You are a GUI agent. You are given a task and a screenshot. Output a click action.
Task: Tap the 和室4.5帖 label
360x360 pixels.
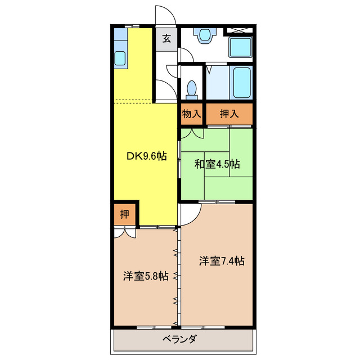point(217,164)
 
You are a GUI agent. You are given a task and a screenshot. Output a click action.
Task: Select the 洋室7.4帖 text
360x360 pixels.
point(221,261)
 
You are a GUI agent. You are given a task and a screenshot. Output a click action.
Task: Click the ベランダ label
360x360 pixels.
point(180,339)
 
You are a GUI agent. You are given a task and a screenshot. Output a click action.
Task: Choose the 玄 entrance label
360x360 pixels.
point(166,39)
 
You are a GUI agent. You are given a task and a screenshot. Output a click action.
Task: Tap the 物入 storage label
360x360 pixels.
point(191,114)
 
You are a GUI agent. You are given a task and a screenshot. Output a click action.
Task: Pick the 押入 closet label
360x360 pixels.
point(229,114)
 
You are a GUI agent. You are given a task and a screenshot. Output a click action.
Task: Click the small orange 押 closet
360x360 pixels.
point(124,214)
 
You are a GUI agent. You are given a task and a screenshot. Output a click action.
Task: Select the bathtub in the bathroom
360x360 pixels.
point(241,82)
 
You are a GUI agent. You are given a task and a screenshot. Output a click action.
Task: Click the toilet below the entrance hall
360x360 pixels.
point(192,89)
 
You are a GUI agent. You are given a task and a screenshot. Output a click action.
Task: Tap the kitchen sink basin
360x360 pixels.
point(120,57)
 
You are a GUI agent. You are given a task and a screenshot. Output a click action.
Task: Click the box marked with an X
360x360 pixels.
point(239,31)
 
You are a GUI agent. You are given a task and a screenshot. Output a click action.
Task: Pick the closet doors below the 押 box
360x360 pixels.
point(124,232)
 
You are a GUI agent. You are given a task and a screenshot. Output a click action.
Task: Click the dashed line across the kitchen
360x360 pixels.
point(133,102)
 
